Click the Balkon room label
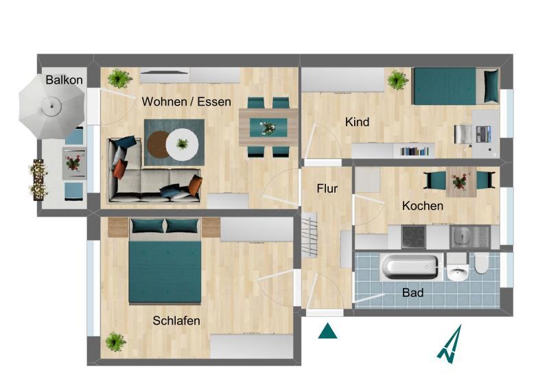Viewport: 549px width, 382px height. click(65, 80)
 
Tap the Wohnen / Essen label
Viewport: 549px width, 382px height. click(186, 102)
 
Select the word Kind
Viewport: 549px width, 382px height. click(357, 122)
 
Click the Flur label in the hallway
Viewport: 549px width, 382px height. click(327, 189)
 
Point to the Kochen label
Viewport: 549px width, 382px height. click(422, 206)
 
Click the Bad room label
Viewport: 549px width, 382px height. click(412, 293)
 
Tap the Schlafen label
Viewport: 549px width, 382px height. click(176, 320)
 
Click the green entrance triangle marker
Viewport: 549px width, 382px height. click(329, 331)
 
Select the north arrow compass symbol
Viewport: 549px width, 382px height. click(449, 344)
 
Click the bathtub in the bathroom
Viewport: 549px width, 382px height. click(410, 267)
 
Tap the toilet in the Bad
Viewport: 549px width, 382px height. click(480, 263)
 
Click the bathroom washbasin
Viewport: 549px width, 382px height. click(456, 272)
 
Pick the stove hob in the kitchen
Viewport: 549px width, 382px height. click(413, 237)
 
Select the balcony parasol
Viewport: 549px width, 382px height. click(50, 107)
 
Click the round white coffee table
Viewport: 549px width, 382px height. click(183, 145)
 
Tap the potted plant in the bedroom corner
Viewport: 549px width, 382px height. click(115, 341)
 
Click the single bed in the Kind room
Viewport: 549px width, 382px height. click(454, 86)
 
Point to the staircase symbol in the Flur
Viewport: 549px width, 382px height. click(309, 235)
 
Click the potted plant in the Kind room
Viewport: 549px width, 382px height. click(397, 80)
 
